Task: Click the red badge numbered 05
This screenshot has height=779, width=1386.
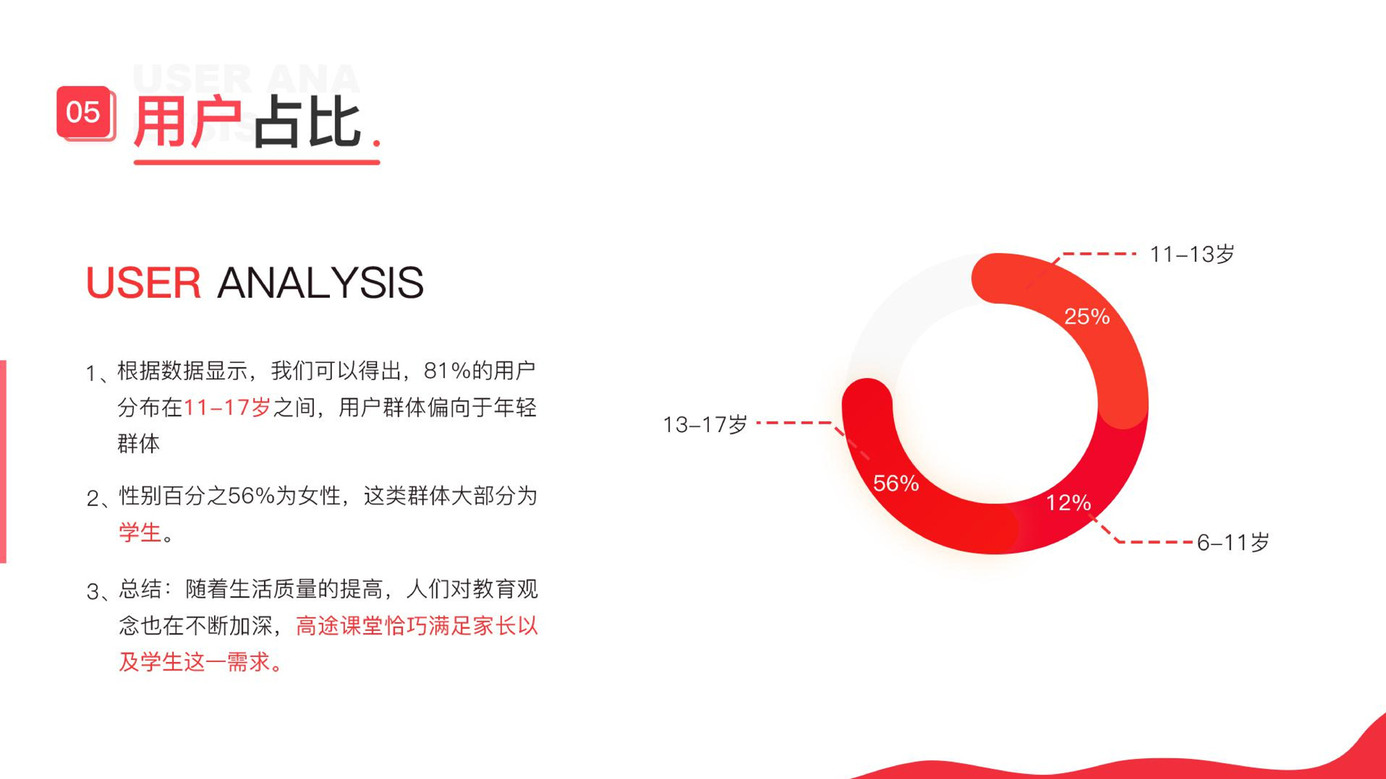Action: [x=85, y=112]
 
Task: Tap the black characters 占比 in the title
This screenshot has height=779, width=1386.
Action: [x=308, y=122]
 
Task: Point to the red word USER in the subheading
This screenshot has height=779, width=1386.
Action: [x=143, y=283]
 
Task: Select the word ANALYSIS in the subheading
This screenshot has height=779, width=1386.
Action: [x=320, y=283]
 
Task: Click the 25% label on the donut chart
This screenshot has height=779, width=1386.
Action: [x=1087, y=316]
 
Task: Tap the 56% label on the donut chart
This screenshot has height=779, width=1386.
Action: [x=896, y=483]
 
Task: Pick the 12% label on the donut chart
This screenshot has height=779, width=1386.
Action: [x=1068, y=503]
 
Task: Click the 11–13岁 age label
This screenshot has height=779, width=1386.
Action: [x=1192, y=254]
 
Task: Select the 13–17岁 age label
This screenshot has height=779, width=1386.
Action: [x=705, y=424]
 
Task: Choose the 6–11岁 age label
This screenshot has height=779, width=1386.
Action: [x=1234, y=542]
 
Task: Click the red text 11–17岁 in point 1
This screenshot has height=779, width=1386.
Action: [x=227, y=407]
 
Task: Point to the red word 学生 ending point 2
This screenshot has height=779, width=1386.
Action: [x=140, y=532]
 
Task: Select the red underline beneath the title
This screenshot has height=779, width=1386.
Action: [x=256, y=162]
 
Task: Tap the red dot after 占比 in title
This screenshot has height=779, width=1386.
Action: [x=376, y=142]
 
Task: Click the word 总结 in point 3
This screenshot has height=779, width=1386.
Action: [x=140, y=589]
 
